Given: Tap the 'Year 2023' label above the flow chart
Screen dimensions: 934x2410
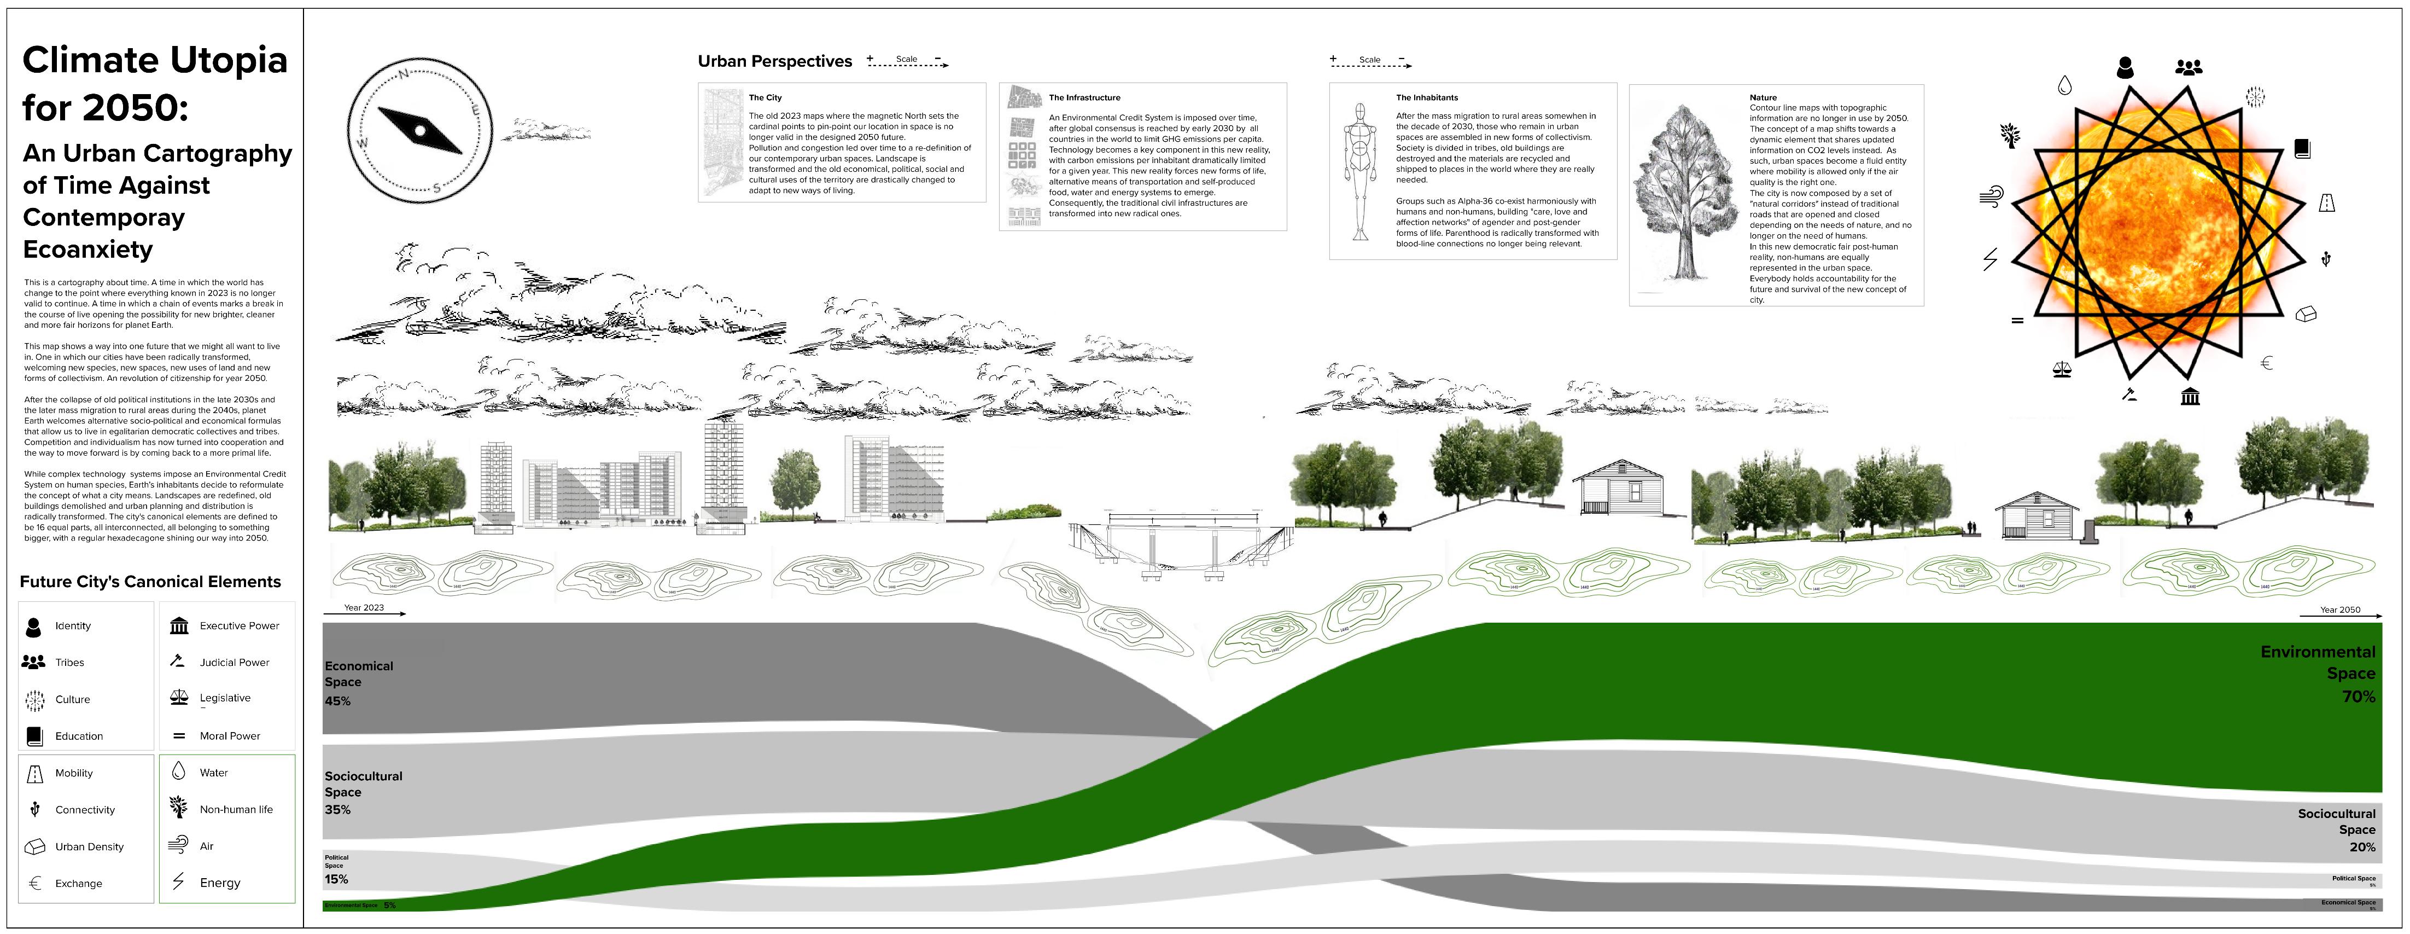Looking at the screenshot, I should pyautogui.click(x=363, y=607).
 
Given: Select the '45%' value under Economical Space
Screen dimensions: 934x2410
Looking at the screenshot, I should pyautogui.click(x=338, y=701).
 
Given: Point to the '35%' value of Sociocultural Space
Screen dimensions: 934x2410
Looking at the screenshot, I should pyautogui.click(x=338, y=810).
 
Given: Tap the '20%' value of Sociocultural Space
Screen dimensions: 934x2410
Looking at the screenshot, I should pyautogui.click(x=2361, y=847).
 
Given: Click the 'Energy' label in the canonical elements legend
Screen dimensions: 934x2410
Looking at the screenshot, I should pyautogui.click(x=220, y=883).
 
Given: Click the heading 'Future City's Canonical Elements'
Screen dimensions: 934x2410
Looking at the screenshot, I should pyautogui.click(x=150, y=581).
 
